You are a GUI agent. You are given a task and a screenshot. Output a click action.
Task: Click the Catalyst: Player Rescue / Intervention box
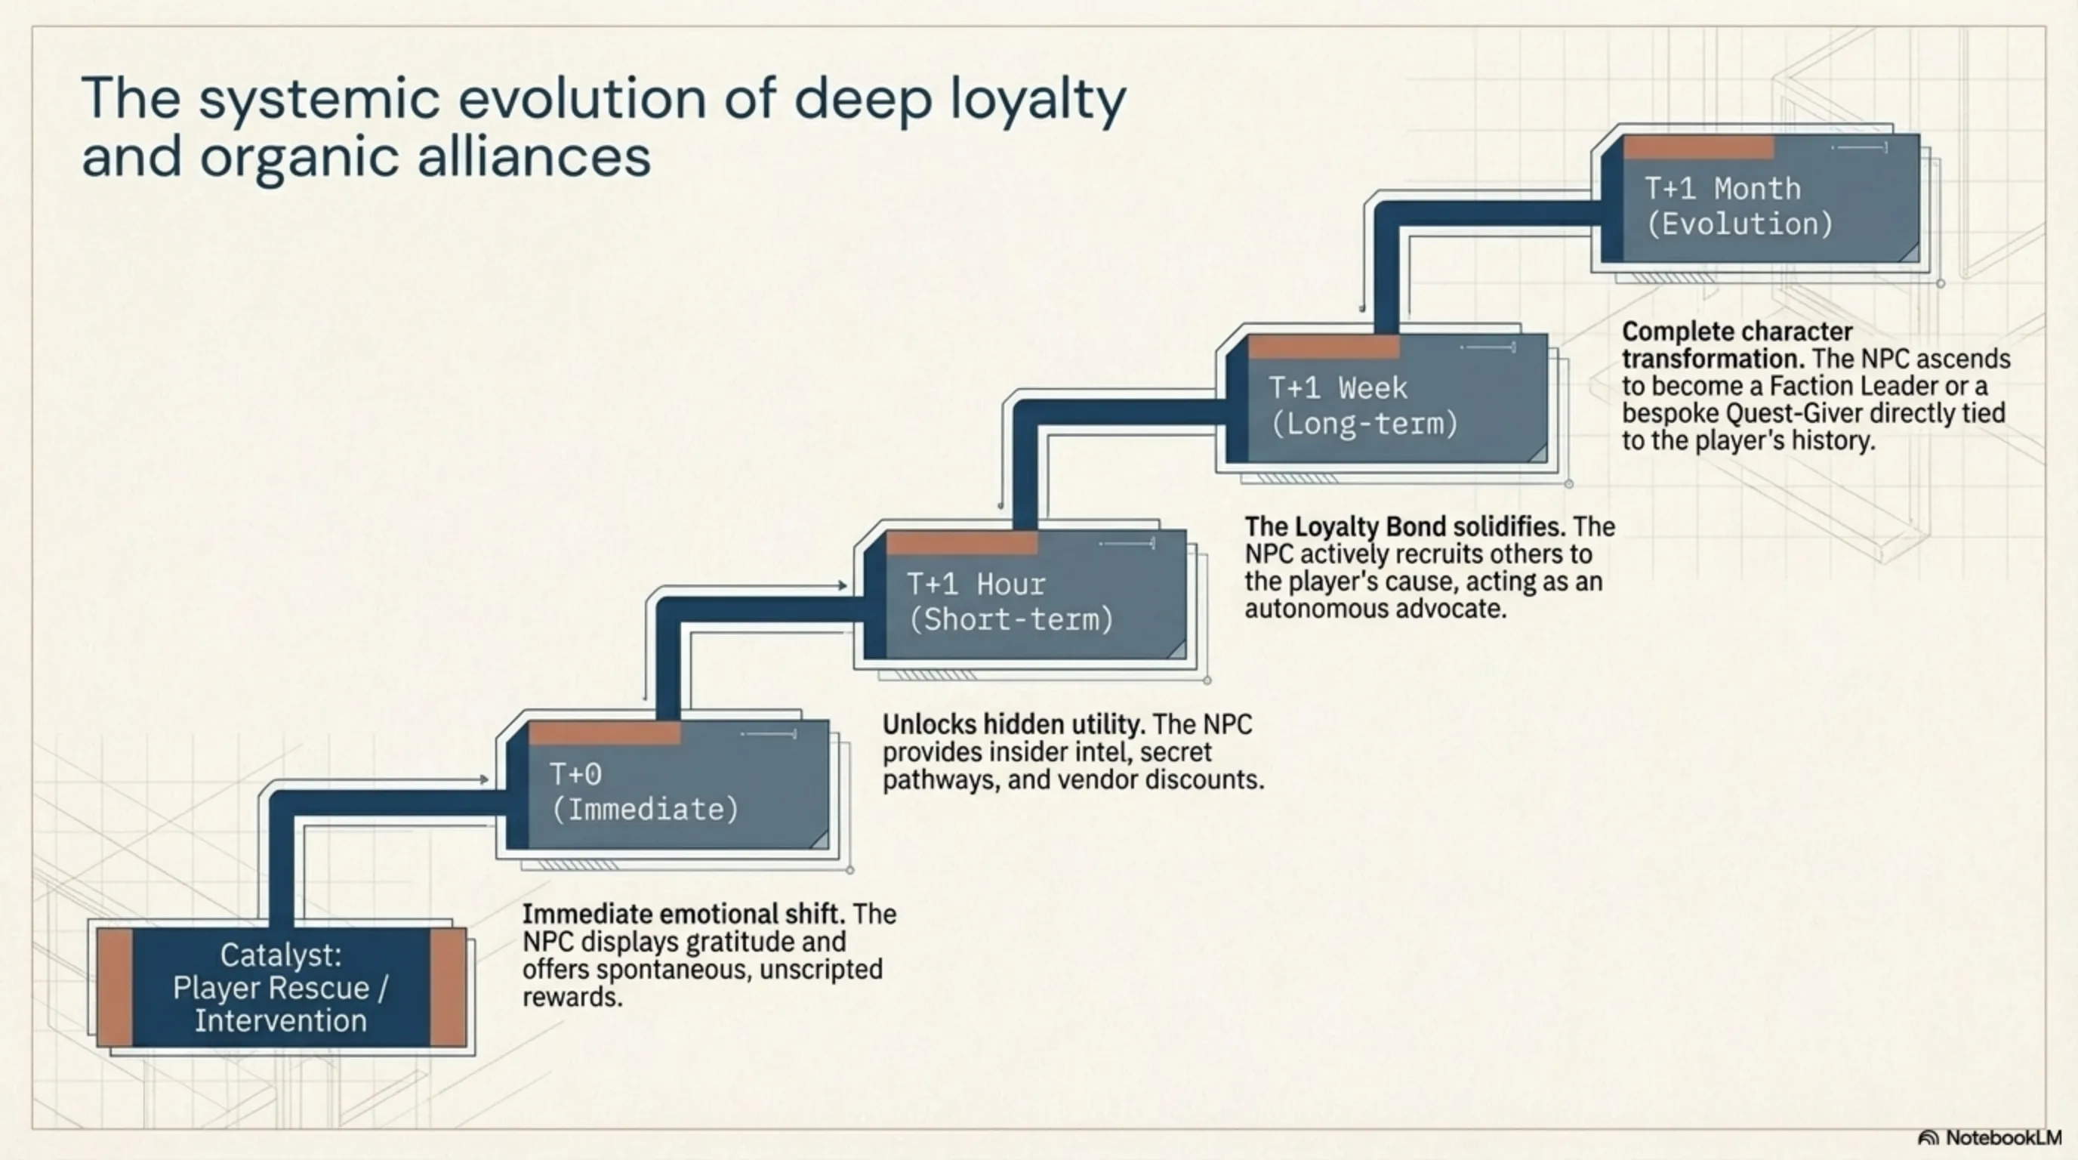pos(281,987)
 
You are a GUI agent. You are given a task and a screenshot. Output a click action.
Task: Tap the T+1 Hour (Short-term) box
pos(1025,602)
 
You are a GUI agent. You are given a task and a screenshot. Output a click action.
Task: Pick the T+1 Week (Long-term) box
pos(1386,406)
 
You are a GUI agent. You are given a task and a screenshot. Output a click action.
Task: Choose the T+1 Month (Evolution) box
pos(1759,205)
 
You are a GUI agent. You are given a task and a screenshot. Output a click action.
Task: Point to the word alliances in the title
pos(533,156)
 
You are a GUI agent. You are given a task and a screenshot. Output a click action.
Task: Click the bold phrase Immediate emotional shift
pos(683,914)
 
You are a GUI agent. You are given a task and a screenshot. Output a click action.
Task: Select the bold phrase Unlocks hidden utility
pos(1013,724)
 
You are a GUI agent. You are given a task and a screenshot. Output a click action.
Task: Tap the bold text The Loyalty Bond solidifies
pos(1404,527)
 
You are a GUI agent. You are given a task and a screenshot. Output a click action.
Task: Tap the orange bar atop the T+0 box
pos(604,733)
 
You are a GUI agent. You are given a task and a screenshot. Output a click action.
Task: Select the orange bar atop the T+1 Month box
pos(1698,147)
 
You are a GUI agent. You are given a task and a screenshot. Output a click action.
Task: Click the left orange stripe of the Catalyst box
pos(116,987)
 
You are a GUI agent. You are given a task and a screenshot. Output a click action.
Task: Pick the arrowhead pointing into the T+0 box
pos(484,779)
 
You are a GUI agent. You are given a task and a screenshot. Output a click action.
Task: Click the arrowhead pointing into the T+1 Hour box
pos(842,585)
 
